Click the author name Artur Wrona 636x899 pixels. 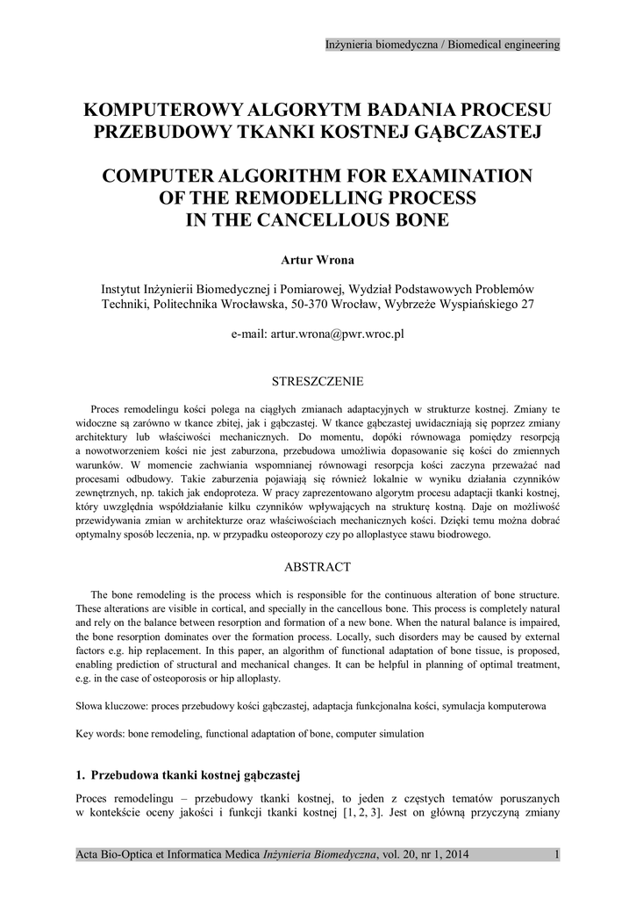tap(318, 262)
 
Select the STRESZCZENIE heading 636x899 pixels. tap(318, 382)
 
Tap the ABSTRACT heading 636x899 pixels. tap(318, 567)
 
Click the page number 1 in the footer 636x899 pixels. tap(557, 854)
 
